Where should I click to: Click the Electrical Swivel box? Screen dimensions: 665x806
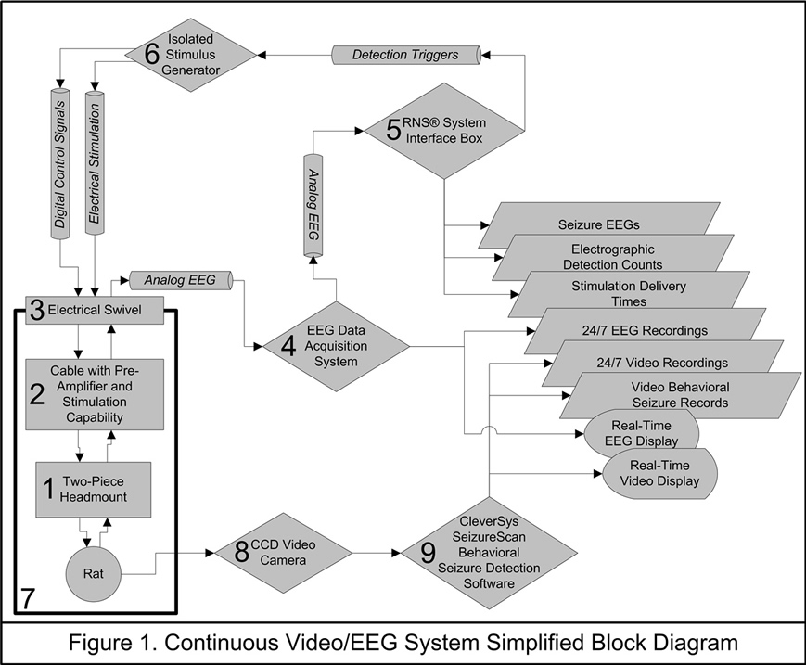93,310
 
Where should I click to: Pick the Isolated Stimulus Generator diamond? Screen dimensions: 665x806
190,55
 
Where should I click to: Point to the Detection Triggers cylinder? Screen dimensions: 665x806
404,55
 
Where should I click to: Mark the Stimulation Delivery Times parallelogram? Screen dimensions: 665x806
640,293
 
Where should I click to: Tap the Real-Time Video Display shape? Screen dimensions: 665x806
664,473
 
